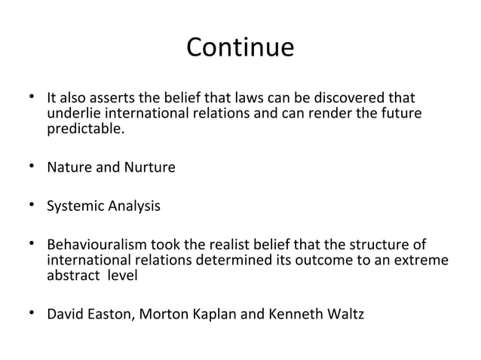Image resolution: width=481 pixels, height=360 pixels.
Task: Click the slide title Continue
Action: coord(240,48)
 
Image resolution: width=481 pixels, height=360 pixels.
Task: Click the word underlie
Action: coord(72,114)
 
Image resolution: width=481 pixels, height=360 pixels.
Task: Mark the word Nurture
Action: coord(149,166)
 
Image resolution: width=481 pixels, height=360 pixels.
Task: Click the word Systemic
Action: coord(74,206)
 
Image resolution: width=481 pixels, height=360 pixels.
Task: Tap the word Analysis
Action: coord(133,206)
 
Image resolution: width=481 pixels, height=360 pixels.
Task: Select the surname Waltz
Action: coord(345,313)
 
